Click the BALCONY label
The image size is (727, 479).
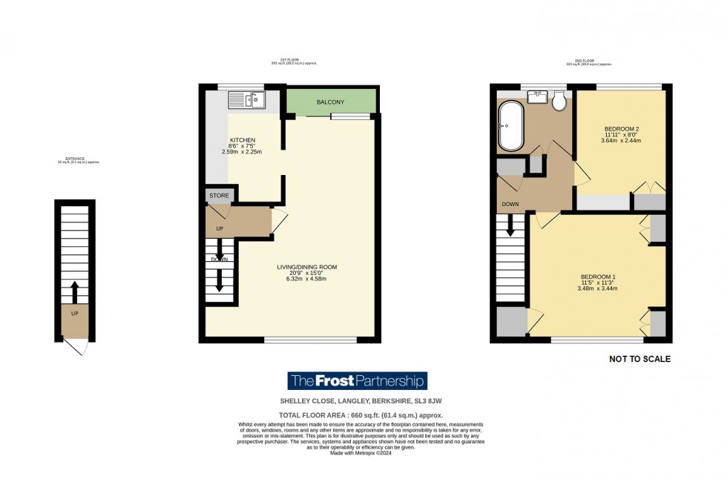pos(329,102)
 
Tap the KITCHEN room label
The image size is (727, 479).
pos(243,140)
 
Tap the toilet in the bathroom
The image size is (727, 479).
pos(559,102)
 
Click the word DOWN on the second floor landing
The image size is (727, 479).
pos(510,204)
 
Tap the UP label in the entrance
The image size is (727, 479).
pos(74,313)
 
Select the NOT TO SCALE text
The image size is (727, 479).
pos(639,359)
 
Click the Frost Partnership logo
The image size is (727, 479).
pos(358,381)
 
